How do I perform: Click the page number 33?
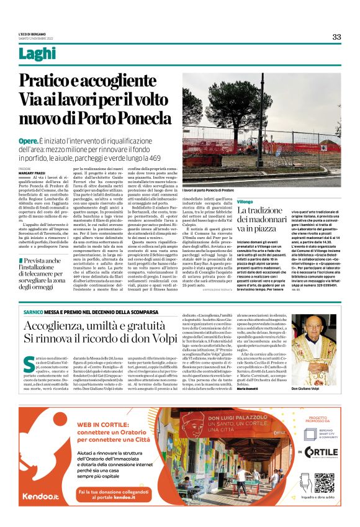(x=336, y=37)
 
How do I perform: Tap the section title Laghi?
(x=36, y=54)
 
